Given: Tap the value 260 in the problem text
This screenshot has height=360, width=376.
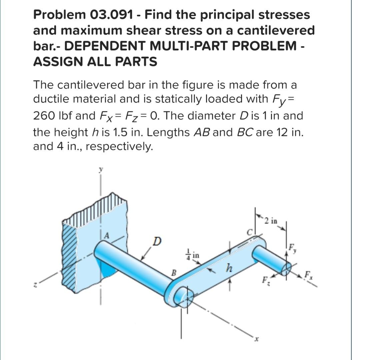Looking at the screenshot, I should (x=44, y=116).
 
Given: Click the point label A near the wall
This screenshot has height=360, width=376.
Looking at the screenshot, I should (x=107, y=235).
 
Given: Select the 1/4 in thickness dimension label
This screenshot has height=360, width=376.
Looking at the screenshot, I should (x=193, y=254).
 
